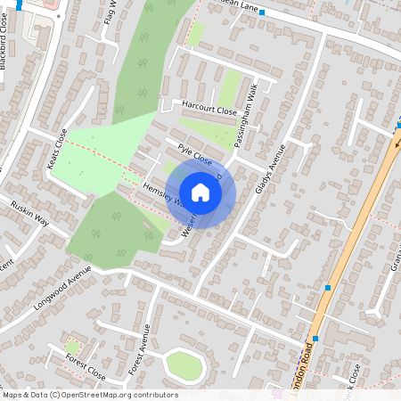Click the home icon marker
(200, 192)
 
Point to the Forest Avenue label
(138, 353)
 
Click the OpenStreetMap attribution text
(89, 395)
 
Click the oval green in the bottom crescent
(184, 364)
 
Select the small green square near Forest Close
(72, 346)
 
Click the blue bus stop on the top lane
(263, 12)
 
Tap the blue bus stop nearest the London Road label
(315, 340)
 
